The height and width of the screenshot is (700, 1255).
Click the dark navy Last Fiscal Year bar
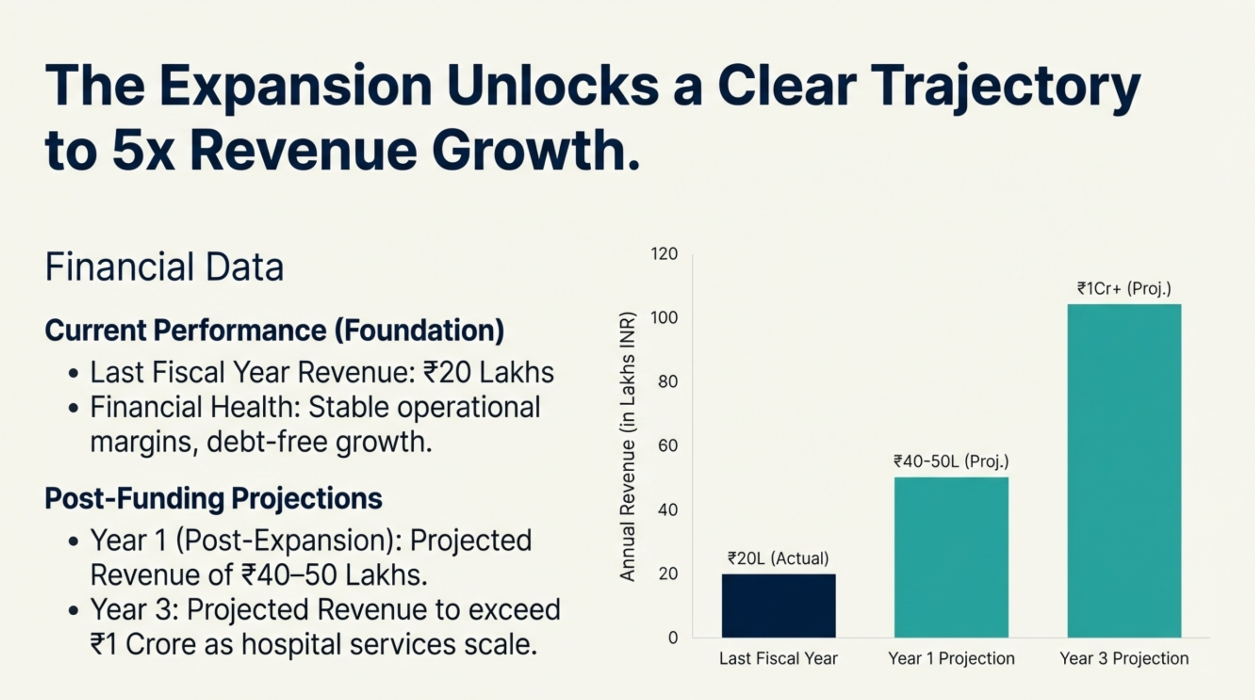[x=778, y=605]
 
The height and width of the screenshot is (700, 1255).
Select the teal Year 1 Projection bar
[x=951, y=557]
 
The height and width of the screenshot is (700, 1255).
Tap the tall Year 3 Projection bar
[x=1124, y=470]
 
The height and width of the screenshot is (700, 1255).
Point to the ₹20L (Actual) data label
[x=778, y=558]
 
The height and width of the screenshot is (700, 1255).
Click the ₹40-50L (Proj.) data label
[x=951, y=461]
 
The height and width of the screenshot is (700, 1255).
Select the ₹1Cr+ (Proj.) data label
[x=1124, y=289]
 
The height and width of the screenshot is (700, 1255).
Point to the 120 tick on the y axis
[x=664, y=254]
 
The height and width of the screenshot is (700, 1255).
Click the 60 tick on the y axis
[x=668, y=446]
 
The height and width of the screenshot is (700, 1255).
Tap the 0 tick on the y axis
[x=673, y=638]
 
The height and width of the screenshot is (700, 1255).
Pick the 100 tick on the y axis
[x=664, y=318]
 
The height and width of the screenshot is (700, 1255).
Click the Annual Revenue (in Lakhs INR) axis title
[x=627, y=446]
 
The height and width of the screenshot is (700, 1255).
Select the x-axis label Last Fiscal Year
[x=778, y=659]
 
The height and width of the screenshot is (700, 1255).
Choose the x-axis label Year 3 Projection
[x=1124, y=659]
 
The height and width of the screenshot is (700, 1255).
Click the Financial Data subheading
[x=164, y=267]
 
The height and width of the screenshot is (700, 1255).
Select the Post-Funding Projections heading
[x=213, y=499]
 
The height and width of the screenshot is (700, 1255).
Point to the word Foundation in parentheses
[x=419, y=330]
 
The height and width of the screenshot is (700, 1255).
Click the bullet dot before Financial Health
[x=74, y=408]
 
